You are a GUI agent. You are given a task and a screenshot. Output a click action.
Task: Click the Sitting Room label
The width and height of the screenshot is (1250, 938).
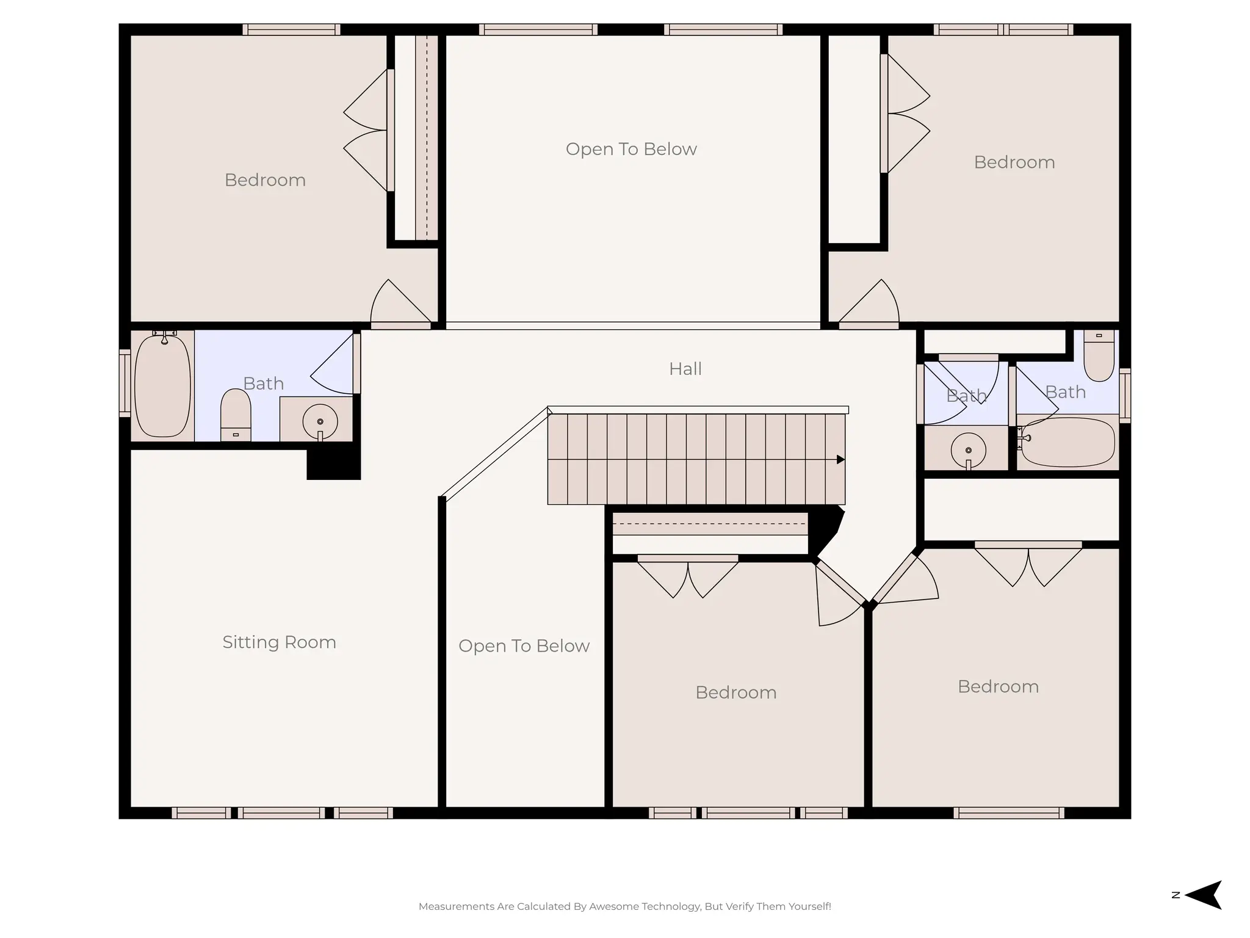279,642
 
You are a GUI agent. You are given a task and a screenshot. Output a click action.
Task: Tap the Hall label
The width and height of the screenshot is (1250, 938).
685,369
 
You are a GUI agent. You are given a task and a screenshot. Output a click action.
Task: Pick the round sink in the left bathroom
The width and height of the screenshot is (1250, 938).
320,421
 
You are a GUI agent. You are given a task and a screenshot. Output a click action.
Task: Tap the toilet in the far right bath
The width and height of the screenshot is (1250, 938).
1099,355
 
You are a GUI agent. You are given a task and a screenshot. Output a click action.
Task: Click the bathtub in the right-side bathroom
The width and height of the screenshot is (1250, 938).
1068,442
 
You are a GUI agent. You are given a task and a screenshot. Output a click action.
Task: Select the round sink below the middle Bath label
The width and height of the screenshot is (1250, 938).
968,451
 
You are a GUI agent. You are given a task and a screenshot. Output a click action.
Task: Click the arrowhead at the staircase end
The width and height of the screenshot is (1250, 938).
840,459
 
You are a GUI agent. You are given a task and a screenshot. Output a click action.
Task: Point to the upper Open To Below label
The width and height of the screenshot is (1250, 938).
631,149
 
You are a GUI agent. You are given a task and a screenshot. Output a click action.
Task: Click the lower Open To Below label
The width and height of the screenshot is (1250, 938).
524,646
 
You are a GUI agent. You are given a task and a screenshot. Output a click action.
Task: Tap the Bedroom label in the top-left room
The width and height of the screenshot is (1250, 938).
265,180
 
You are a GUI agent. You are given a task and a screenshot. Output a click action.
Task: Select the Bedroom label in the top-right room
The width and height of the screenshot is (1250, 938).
1014,162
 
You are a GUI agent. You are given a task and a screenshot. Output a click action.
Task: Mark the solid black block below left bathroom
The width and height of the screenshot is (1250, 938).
334,463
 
